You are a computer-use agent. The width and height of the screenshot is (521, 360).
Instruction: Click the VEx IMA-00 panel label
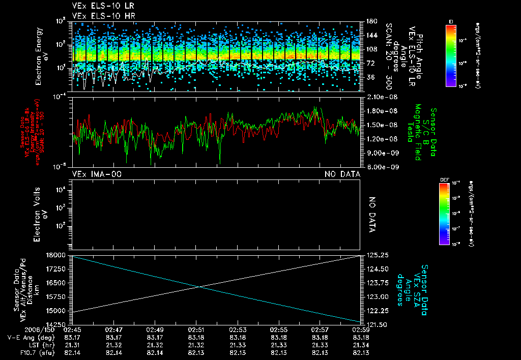click(97, 174)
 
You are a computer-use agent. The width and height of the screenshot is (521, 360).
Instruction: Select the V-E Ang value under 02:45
click(73, 337)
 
